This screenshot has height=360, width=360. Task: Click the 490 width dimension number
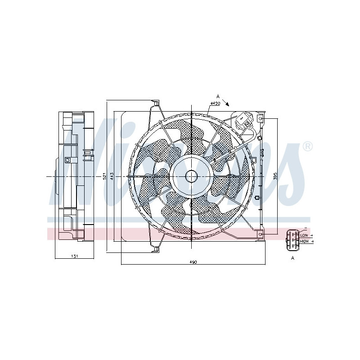193,262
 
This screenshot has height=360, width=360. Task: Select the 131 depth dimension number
75,256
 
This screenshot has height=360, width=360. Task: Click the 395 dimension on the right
275,176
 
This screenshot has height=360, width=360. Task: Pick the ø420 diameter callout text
214,104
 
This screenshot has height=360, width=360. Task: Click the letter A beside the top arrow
218,96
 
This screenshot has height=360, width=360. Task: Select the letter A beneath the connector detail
292,258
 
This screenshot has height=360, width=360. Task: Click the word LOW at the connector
304,235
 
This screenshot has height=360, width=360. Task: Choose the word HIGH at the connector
305,242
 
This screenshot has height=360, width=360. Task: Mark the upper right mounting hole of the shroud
260,118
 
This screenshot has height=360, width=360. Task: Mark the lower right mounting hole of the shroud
260,234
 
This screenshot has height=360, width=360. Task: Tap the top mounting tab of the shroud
156,104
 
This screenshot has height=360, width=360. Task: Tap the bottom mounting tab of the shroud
156,248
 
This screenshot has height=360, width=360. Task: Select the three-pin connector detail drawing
292,238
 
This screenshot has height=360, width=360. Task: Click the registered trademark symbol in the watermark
307,146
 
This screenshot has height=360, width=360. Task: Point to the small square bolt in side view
67,159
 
